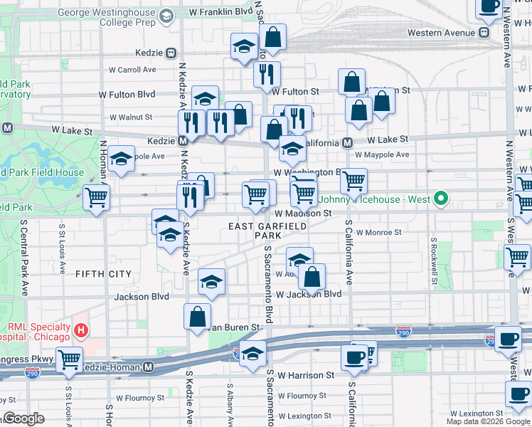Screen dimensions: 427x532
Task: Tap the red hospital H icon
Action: pos(82,331)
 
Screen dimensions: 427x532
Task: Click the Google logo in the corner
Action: pos(23,418)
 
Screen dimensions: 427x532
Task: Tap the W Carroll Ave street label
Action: pos(132,70)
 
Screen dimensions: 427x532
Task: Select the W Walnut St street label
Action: pos(131,117)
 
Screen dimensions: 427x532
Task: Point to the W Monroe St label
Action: pos(379,232)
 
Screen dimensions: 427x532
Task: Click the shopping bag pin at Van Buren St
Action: pos(197,317)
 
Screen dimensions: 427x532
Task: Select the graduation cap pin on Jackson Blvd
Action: pos(211,283)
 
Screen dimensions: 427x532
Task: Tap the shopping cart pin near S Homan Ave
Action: pos(96,199)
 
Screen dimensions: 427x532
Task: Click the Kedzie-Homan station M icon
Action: pos(149,367)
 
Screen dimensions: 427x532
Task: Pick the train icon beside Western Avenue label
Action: pos(484,33)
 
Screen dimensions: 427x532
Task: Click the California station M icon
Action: pos(347,142)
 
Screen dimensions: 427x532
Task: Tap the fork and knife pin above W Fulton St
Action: pos(267,73)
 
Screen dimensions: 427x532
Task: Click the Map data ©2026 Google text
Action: pos(488,421)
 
